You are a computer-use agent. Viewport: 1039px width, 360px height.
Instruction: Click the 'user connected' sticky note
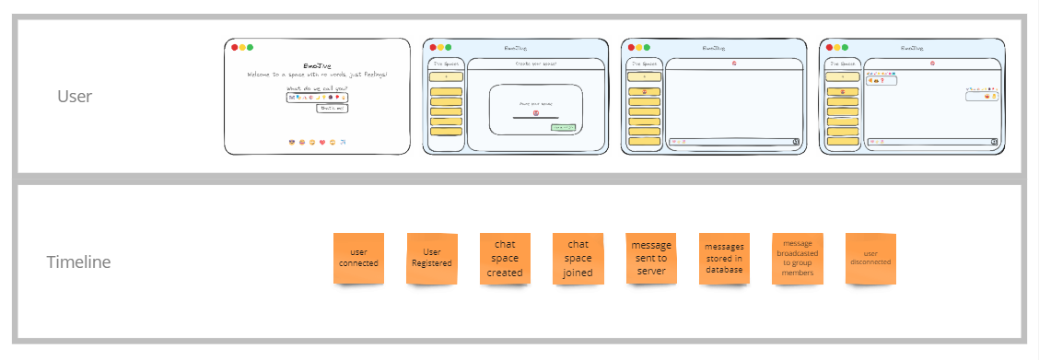point(358,258)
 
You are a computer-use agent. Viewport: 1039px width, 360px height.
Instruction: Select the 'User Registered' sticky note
point(432,258)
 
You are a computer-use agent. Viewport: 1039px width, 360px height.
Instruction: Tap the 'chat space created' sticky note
point(505,258)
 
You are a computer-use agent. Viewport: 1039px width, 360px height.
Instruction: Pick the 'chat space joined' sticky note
point(578,258)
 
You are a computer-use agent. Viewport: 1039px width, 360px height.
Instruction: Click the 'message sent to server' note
point(651,258)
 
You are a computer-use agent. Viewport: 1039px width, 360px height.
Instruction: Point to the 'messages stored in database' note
point(724,258)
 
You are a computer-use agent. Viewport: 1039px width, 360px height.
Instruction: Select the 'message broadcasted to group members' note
point(798,258)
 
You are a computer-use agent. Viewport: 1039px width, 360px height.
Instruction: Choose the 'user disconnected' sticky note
point(870,258)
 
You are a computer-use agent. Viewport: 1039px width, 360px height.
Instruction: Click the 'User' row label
point(74,96)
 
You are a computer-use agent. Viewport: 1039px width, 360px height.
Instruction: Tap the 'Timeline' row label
point(78,262)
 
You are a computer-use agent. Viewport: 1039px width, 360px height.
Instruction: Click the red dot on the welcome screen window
point(234,47)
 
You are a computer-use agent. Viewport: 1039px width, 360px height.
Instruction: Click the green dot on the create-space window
point(448,47)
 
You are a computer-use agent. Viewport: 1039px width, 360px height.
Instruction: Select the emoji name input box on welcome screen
point(318,97)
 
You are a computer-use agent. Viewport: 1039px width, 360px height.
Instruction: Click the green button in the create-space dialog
point(563,127)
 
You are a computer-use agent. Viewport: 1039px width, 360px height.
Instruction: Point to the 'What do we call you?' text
point(317,87)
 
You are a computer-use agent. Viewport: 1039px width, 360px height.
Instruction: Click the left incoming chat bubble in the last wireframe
point(881,81)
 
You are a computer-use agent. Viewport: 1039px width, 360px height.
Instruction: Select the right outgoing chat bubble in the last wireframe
point(983,96)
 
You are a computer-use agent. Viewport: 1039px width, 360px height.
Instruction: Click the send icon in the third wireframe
point(795,142)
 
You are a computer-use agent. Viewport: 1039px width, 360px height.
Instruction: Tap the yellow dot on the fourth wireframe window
point(837,47)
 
